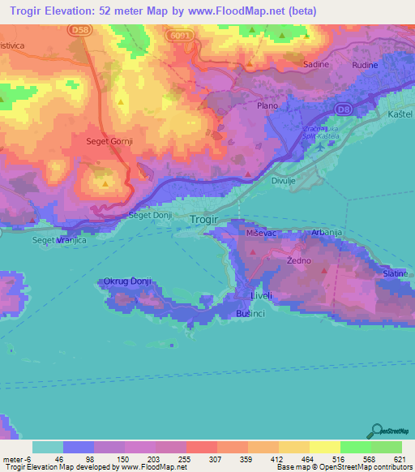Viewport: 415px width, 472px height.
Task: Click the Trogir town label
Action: point(203,220)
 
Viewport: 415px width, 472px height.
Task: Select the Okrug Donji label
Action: point(127,281)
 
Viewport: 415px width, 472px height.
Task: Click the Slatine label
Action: point(396,275)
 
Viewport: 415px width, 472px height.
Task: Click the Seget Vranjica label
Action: point(58,240)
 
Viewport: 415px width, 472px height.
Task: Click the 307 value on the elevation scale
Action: point(215,459)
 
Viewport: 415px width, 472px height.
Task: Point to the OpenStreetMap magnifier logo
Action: point(377,431)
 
